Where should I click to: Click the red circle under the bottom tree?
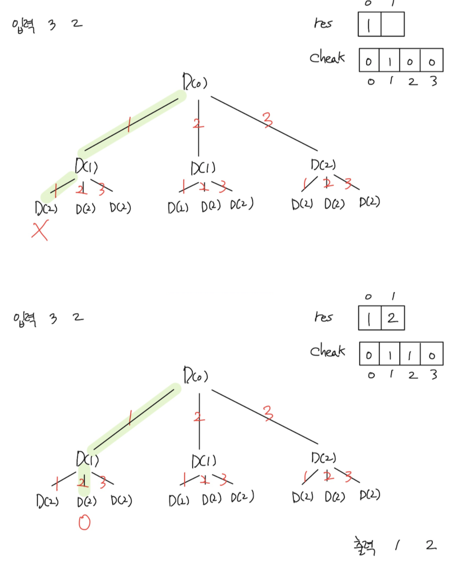pos(84,522)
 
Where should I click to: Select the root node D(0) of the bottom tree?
pos(195,375)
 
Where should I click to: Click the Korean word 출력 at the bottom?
pos(364,545)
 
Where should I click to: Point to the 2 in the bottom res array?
pos(393,318)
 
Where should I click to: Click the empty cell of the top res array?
pos(393,24)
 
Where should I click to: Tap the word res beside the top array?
pos(323,23)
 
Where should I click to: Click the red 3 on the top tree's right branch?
pos(267,120)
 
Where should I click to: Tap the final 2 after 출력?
pos(431,545)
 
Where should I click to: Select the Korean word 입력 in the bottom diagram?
pos(25,318)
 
